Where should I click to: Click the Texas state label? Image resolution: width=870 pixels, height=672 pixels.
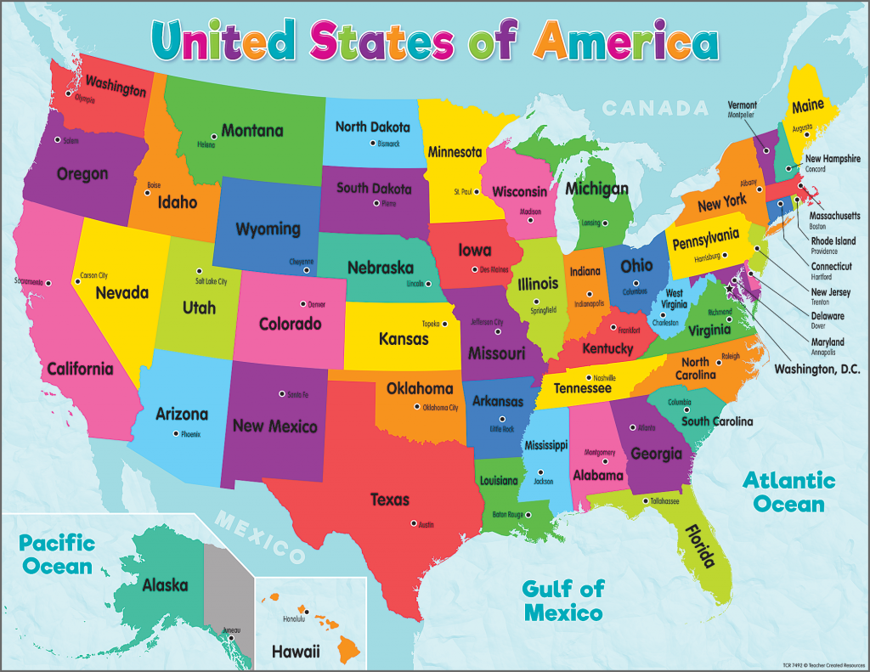pos(389,500)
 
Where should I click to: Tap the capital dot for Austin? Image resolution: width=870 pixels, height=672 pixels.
pos(413,523)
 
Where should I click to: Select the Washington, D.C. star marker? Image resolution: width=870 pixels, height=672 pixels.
pos(729,290)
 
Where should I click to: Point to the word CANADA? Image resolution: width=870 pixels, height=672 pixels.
pos(654,108)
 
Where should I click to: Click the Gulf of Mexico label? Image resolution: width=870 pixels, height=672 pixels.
pos(562,599)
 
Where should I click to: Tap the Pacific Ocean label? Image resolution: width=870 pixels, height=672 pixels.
pos(57,553)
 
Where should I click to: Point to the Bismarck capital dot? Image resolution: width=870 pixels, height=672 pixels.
pos(371,144)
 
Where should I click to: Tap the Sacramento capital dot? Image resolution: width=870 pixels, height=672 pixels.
pos(48,283)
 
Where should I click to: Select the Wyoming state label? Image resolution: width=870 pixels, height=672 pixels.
pos(268,229)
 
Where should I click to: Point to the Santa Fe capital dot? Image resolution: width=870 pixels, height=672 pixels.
pos(281,393)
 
